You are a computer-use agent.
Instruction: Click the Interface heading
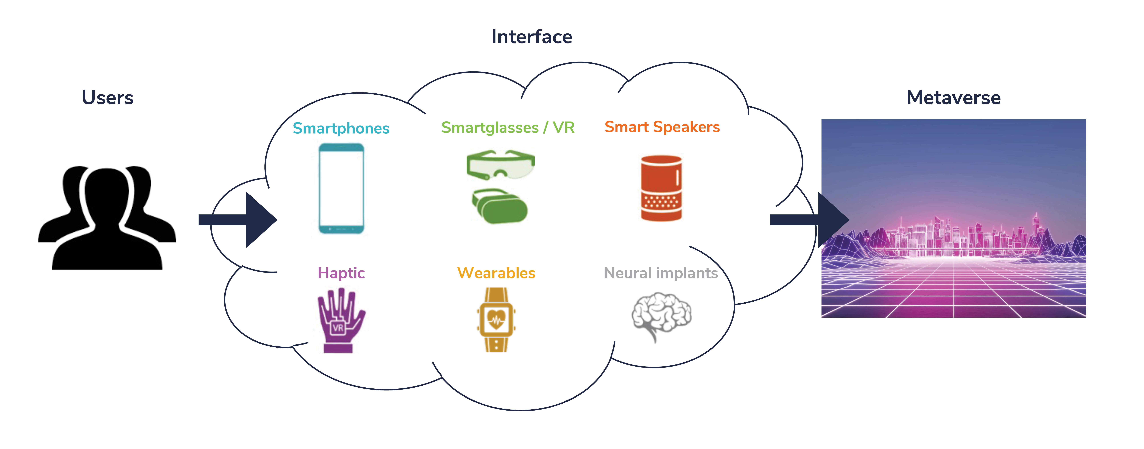[532, 37]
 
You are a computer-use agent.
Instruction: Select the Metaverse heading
[953, 98]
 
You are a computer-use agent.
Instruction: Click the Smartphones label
[341, 128]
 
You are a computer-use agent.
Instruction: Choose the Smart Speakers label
[662, 127]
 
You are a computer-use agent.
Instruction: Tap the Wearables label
[496, 273]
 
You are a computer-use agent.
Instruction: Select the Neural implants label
[661, 273]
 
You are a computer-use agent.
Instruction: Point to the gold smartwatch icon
[496, 320]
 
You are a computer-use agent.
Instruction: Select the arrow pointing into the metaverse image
[809, 220]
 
